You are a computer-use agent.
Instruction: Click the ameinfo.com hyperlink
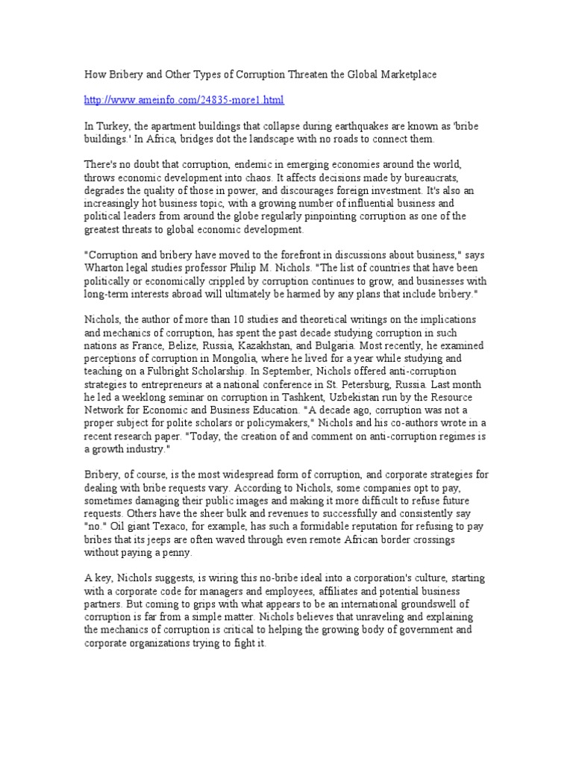pos(184,99)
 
